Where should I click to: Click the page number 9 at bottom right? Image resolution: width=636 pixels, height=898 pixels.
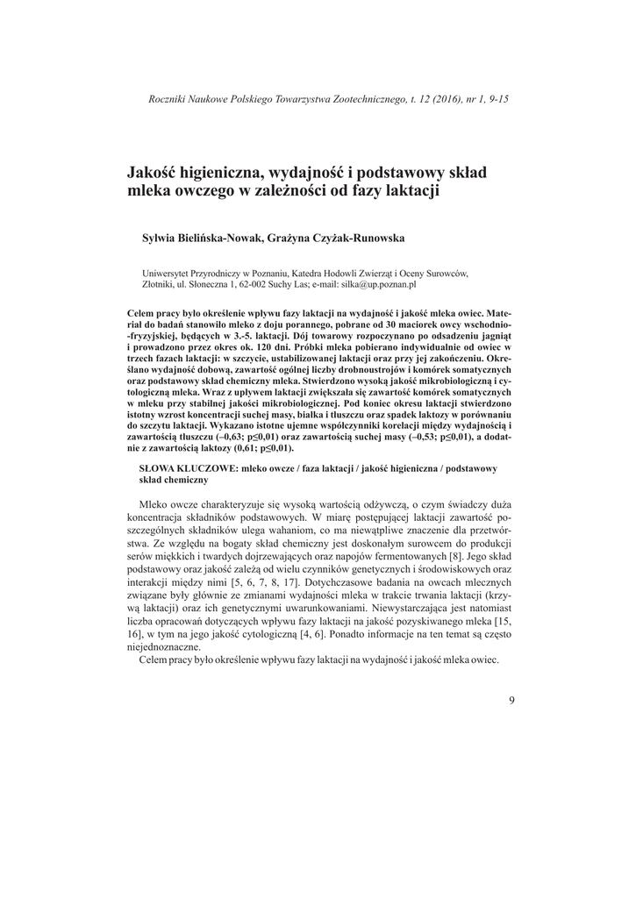pos(511,700)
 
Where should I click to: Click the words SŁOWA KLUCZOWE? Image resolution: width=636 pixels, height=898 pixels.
pos(186,469)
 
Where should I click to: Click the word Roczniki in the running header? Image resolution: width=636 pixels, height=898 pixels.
pos(171,99)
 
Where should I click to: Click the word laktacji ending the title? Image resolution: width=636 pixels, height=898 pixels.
pos(409,189)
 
